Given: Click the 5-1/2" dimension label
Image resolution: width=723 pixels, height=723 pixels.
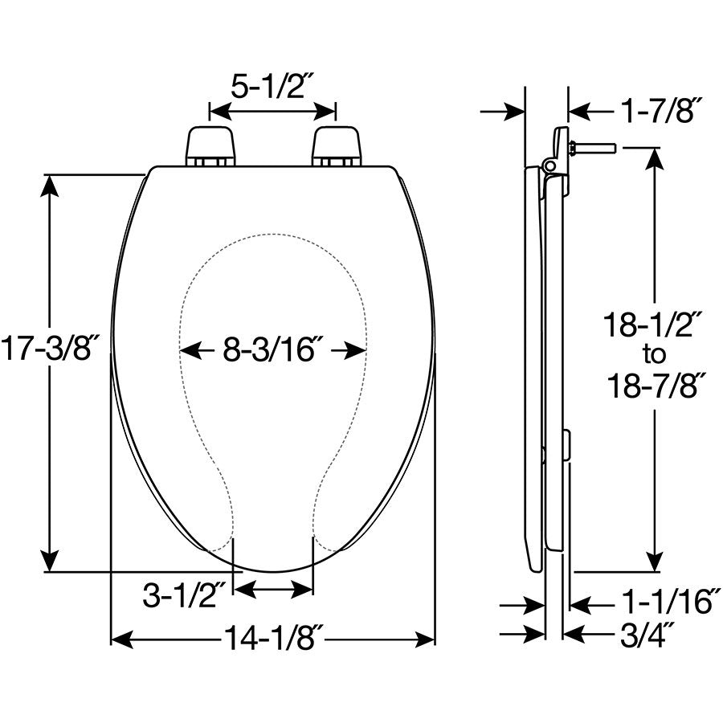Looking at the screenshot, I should (x=272, y=86).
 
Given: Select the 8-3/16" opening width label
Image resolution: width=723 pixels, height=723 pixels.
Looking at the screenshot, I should (x=273, y=351).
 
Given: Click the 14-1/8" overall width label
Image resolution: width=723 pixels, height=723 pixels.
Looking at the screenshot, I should (x=273, y=639).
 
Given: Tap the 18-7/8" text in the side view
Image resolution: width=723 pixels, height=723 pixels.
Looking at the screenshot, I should (x=654, y=386).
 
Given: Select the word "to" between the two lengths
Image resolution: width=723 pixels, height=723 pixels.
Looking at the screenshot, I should (x=655, y=353).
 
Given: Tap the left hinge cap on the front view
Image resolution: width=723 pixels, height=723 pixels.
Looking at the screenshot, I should (x=211, y=145).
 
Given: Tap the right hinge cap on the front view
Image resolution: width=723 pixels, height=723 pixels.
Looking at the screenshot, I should (x=337, y=145).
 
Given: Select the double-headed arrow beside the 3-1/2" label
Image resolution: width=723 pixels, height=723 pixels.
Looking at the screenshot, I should (x=272, y=590).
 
